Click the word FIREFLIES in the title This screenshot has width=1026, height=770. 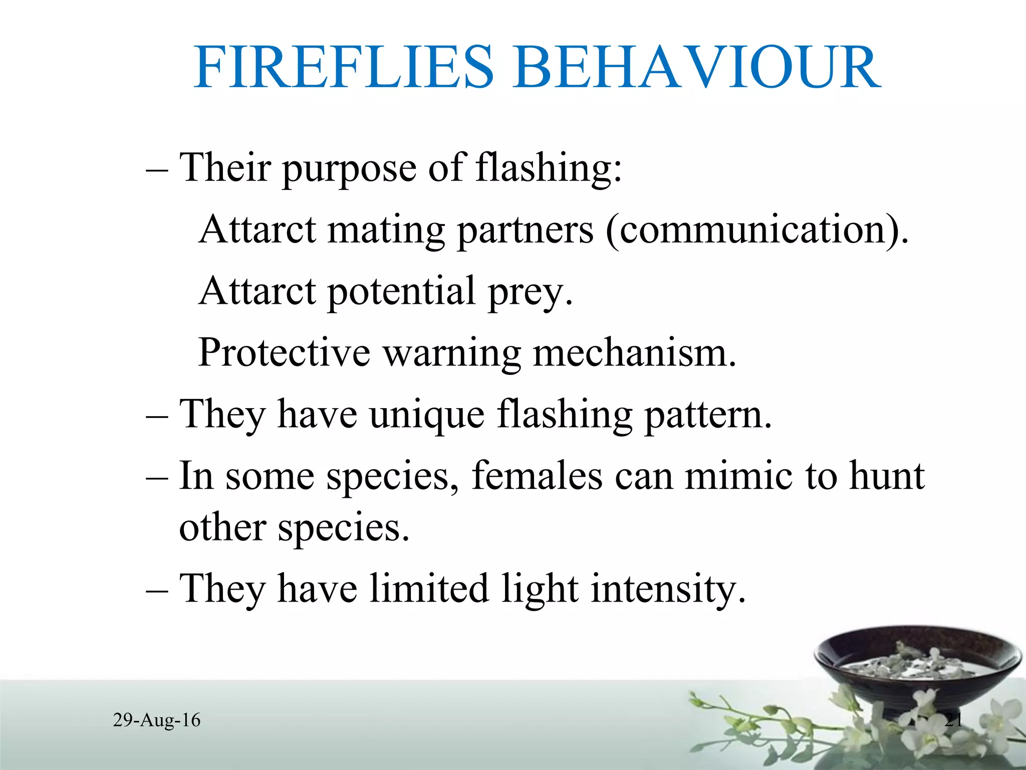(x=345, y=68)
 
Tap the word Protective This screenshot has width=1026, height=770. (x=284, y=353)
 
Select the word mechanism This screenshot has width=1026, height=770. (x=634, y=353)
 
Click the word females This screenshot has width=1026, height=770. (x=537, y=476)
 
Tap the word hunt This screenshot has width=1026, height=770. (x=887, y=476)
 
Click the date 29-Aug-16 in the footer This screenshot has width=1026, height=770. (x=157, y=720)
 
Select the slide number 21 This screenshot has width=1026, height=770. (x=953, y=720)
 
